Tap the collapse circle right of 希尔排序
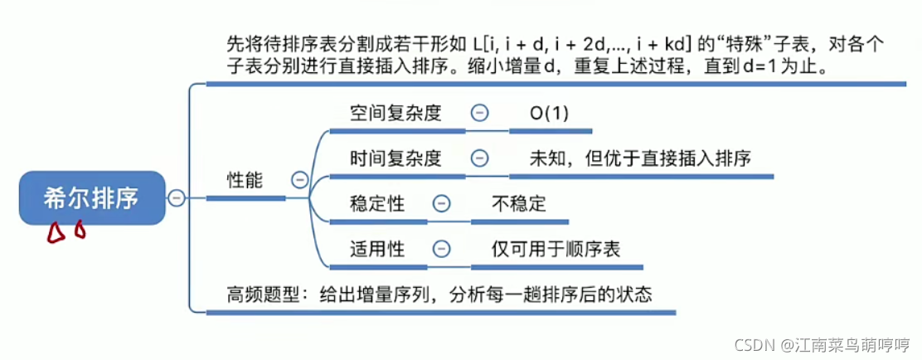[x=176, y=198]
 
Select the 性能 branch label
[x=245, y=179]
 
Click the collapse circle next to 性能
[x=300, y=179]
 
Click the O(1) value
[x=550, y=114]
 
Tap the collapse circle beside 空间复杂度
[x=479, y=114]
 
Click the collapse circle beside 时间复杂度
[x=479, y=158]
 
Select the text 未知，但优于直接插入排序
[x=640, y=158]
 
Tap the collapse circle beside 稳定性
[x=443, y=202]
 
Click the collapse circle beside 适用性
[x=443, y=248]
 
